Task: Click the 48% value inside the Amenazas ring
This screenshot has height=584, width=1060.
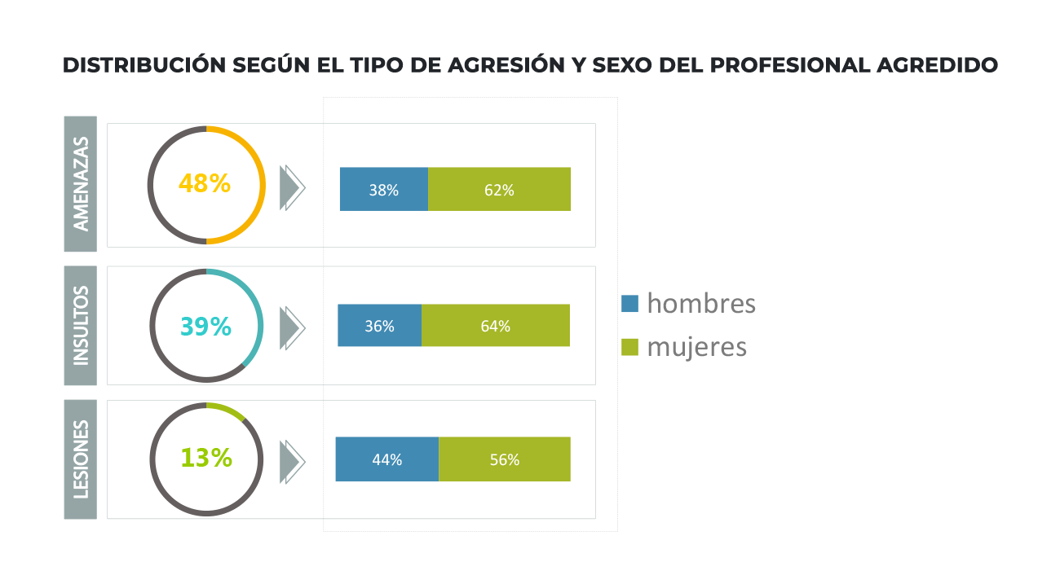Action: [205, 183]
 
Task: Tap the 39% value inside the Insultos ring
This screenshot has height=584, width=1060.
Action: [205, 327]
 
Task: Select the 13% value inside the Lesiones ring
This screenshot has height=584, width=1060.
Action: [206, 458]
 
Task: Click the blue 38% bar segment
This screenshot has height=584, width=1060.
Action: [384, 189]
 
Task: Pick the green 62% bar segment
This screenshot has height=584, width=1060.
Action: [499, 189]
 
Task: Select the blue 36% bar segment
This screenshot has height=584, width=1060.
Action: [379, 325]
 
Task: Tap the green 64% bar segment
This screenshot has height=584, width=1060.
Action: [496, 325]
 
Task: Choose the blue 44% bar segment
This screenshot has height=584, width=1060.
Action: [387, 459]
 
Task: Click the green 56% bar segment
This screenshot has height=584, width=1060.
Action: [505, 459]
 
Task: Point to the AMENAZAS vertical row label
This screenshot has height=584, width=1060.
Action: [81, 184]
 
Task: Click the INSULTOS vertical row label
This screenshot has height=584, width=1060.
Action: [81, 325]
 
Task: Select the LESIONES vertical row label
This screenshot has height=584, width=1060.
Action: [81, 459]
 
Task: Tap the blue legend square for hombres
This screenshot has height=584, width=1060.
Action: [629, 304]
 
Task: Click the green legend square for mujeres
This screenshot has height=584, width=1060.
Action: [629, 347]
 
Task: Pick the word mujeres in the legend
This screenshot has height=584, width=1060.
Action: [696, 348]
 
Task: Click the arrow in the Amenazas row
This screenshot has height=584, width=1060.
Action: [293, 187]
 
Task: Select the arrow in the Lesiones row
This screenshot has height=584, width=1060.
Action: [293, 462]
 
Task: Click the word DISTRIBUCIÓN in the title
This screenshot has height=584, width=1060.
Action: [144, 64]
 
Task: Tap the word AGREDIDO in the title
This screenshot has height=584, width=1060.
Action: [937, 65]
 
